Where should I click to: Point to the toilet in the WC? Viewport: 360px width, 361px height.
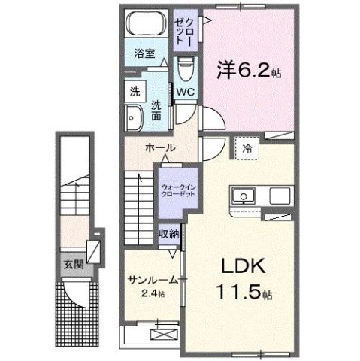coord(185,71)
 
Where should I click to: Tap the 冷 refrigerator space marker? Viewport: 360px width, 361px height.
coord(247,149)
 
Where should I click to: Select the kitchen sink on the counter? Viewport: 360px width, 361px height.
coord(244,198)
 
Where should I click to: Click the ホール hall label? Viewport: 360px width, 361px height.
coord(160,148)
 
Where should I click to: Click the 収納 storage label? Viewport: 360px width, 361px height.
coord(169,234)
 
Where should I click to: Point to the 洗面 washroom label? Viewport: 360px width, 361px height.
coord(157,111)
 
